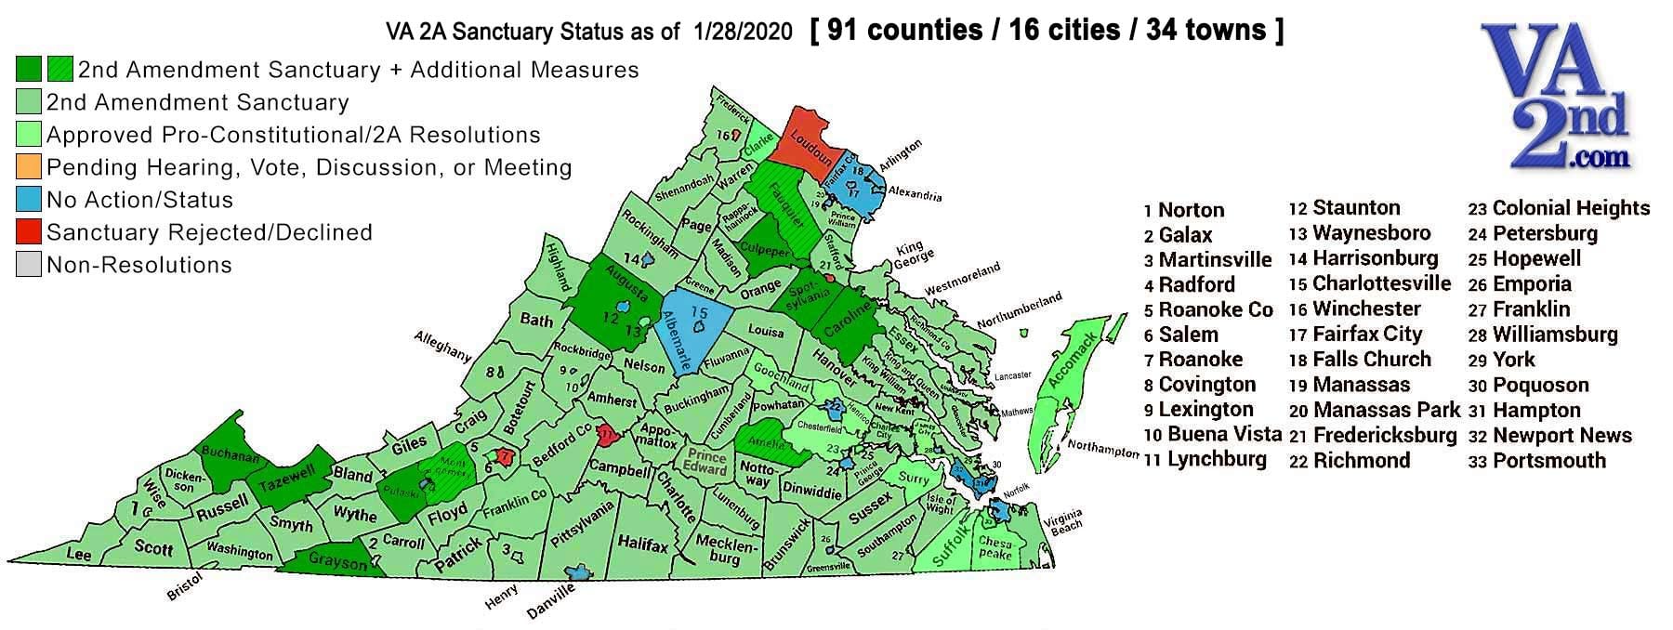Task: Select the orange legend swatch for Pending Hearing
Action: (29, 167)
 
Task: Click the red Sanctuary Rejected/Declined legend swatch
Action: (29, 232)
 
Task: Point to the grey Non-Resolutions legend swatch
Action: (29, 265)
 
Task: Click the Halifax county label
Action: (643, 545)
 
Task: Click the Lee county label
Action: (79, 554)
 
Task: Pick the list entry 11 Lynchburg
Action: (1205, 459)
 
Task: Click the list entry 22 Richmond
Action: (1350, 460)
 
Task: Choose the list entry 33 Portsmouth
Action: (1537, 460)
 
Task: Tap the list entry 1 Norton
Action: (1184, 210)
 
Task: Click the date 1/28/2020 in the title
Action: (743, 33)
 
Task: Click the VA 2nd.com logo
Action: (1554, 98)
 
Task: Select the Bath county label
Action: (536, 321)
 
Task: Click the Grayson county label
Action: (338, 562)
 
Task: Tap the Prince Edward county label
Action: (705, 463)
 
